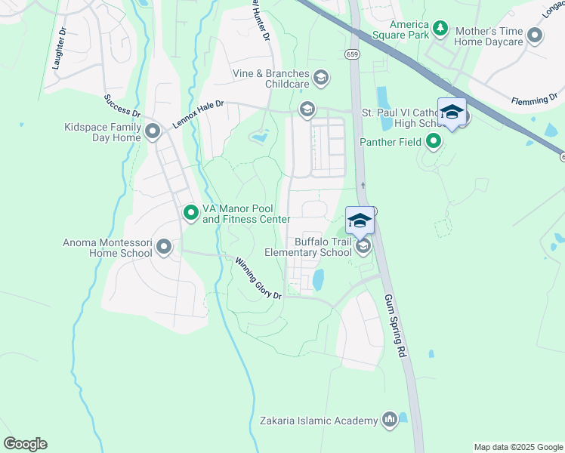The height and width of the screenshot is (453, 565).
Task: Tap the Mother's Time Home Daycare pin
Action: pyautogui.click(x=536, y=35)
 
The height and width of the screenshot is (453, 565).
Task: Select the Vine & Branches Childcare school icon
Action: pyautogui.click(x=320, y=78)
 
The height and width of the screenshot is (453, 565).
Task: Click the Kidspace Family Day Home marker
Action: pyautogui.click(x=153, y=132)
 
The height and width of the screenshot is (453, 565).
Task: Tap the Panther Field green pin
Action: pyautogui.click(x=434, y=140)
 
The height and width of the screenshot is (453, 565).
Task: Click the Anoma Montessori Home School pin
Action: pyautogui.click(x=164, y=248)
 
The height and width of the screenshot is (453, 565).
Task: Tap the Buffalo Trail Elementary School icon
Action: pyautogui.click(x=363, y=247)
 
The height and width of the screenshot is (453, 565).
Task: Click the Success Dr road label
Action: pyautogui.click(x=122, y=106)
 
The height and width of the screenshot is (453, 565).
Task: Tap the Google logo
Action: pyautogui.click(x=25, y=444)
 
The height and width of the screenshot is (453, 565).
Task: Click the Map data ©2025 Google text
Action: pyautogui.click(x=517, y=447)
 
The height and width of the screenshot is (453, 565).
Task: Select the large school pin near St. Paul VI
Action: pyautogui.click(x=452, y=112)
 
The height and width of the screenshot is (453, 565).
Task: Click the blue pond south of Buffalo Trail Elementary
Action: pyautogui.click(x=318, y=280)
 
